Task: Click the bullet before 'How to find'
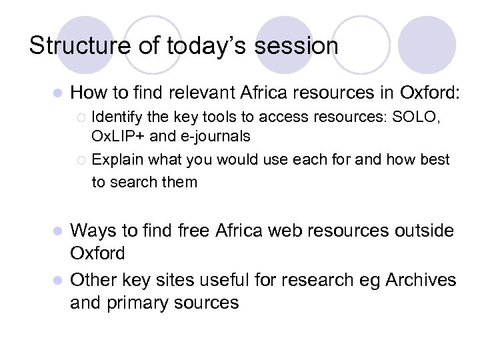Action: [x=57, y=92]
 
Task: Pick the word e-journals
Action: [x=213, y=137]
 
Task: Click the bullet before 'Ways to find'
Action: [x=57, y=231]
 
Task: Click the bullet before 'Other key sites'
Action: [x=57, y=279]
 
